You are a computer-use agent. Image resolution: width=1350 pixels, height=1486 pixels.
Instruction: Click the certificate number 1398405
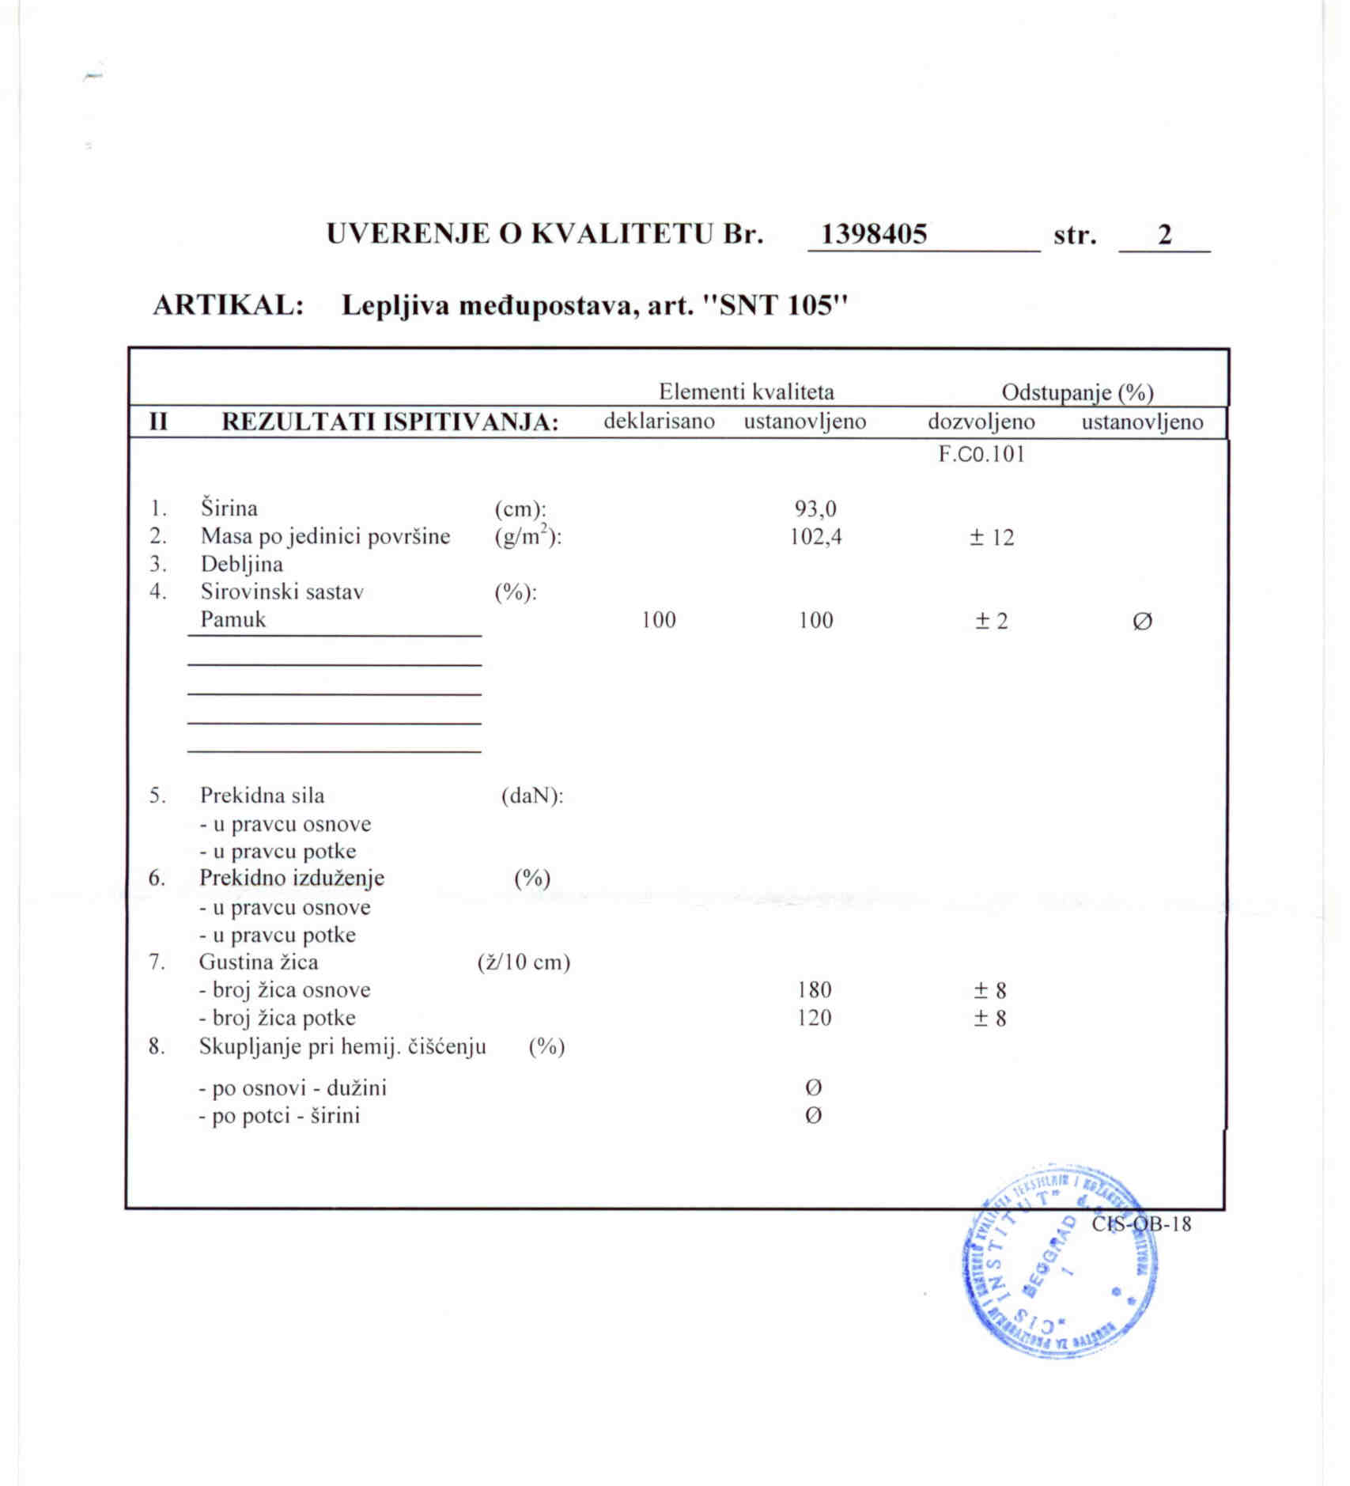(874, 234)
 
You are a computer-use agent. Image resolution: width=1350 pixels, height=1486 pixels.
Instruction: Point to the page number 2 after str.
(1164, 235)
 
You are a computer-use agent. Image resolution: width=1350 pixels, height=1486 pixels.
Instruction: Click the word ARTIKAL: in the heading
(229, 305)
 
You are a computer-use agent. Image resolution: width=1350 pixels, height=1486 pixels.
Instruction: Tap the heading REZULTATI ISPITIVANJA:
(390, 422)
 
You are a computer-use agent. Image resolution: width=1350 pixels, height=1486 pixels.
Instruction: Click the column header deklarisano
(659, 421)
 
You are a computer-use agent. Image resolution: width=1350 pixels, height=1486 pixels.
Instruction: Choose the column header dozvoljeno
(981, 422)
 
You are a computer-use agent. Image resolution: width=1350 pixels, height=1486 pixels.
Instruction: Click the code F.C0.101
(981, 454)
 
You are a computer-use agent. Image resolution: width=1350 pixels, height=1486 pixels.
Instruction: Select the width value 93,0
(815, 509)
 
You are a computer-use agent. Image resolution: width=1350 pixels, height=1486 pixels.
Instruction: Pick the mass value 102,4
(815, 537)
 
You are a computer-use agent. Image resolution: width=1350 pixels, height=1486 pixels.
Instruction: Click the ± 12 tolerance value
(992, 538)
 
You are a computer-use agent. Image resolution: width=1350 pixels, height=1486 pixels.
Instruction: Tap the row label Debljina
(241, 564)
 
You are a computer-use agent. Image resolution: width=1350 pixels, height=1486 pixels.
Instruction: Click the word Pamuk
(233, 619)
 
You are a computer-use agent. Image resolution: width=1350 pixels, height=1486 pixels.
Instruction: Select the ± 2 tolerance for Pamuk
(992, 621)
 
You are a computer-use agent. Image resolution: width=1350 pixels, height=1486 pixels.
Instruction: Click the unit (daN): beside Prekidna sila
(532, 796)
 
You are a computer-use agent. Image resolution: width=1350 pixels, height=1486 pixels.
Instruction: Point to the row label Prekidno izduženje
(291, 878)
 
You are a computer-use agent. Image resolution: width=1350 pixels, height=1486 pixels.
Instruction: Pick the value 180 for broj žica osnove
(815, 990)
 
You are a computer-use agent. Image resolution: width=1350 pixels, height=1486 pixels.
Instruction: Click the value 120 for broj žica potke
(815, 1018)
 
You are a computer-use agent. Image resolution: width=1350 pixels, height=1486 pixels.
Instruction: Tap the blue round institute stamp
(1060, 1261)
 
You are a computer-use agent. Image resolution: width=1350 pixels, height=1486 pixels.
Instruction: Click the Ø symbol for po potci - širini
(813, 1116)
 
